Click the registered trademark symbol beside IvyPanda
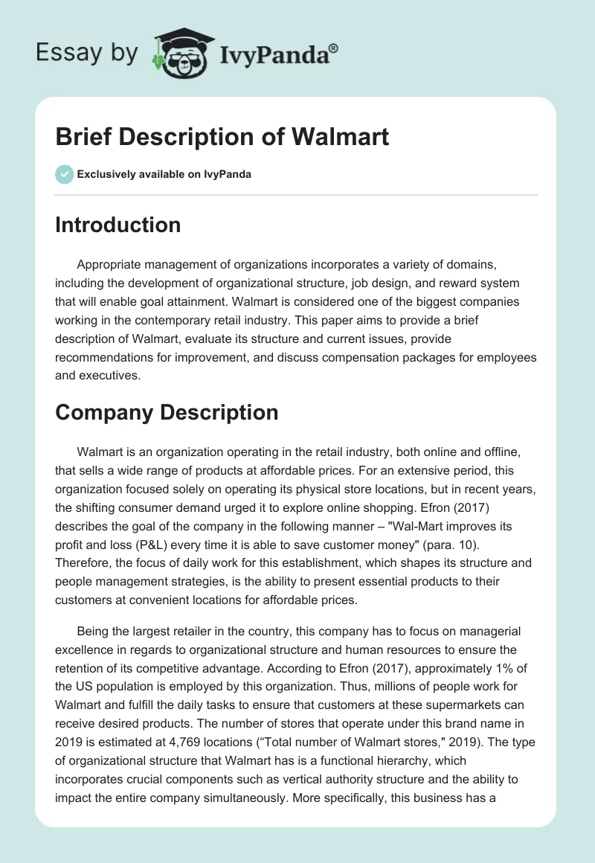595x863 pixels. click(x=335, y=47)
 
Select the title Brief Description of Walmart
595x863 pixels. click(x=222, y=138)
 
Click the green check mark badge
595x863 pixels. click(x=64, y=174)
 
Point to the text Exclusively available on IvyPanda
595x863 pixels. click(x=164, y=175)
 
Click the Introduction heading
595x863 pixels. click(x=118, y=225)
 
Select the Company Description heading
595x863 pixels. click(x=167, y=412)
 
